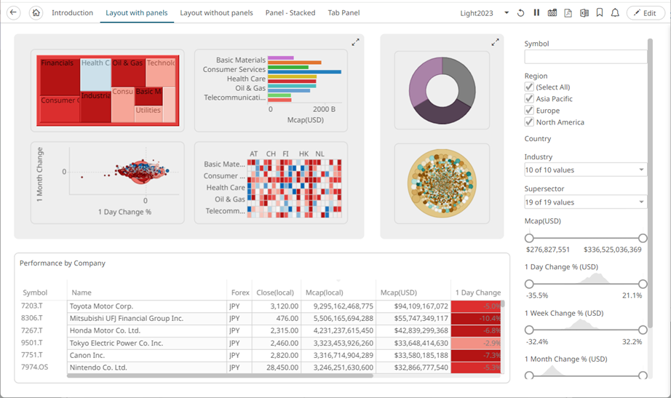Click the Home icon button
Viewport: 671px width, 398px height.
click(36, 13)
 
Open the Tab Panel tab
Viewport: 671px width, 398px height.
click(344, 13)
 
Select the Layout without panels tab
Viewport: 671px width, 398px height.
click(216, 13)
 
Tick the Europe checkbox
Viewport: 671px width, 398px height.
click(529, 111)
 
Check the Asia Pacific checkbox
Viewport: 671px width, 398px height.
click(529, 99)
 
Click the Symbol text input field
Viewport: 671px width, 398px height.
click(585, 57)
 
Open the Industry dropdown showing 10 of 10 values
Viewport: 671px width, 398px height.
click(585, 170)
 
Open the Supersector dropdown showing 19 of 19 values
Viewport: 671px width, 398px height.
click(585, 202)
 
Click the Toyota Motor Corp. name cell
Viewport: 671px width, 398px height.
click(102, 306)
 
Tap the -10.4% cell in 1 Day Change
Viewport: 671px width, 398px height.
click(476, 318)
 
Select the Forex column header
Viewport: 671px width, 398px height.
click(239, 292)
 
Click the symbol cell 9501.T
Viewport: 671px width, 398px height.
click(32, 343)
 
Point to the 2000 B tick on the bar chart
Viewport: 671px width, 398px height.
click(325, 110)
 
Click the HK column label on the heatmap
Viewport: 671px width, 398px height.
click(303, 154)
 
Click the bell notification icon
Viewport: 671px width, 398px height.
click(615, 13)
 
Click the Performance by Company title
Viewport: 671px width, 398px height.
click(63, 263)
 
